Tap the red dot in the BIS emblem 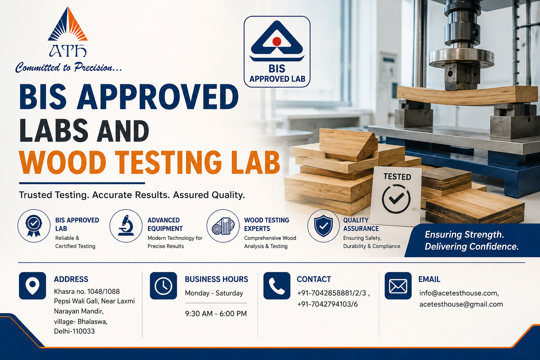277,41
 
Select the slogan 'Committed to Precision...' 69,67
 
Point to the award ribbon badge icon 34,226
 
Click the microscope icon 126,225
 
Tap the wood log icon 223,226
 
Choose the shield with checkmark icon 323,226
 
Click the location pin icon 33,286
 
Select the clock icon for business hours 163,286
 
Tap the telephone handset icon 277,286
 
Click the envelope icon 398,286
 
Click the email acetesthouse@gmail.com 461,304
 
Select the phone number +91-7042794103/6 327,304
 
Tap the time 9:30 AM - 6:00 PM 216,314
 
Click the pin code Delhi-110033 74,331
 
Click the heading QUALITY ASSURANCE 361,224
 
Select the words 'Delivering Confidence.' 471,246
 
